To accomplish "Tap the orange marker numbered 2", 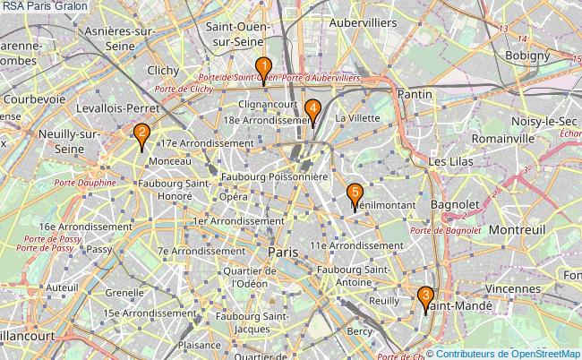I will pyautogui.click(x=141, y=135).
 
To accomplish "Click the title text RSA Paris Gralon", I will pyautogui.click(x=39, y=6).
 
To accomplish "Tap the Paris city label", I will pyautogui.click(x=283, y=253).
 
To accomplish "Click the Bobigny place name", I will pyautogui.click(x=527, y=55).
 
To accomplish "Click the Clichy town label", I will pyautogui.click(x=164, y=70).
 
